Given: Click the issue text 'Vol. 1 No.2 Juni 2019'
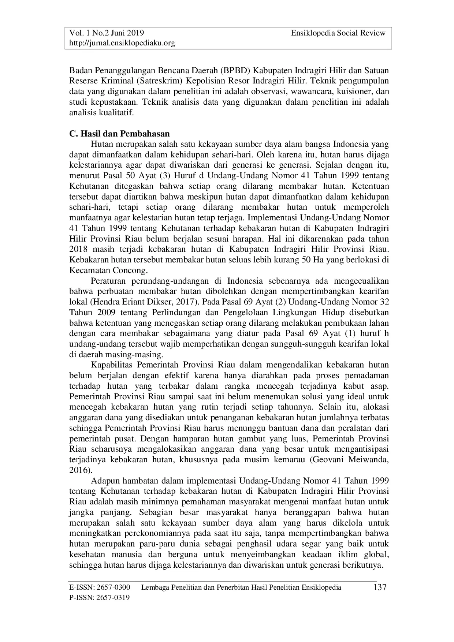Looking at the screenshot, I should tap(107, 33).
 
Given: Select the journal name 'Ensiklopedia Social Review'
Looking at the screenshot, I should tap(338, 33).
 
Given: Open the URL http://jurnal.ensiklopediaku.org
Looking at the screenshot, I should tap(122, 43).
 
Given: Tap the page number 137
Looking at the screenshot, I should tap(379, 588).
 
